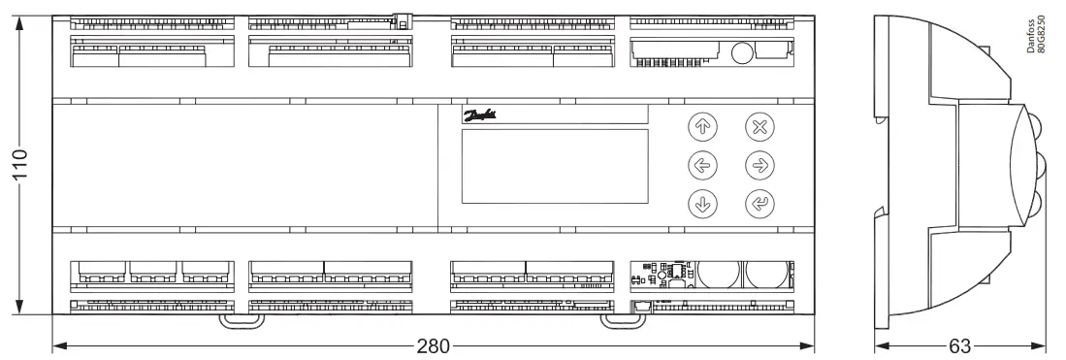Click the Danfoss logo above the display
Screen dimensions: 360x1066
(x=481, y=115)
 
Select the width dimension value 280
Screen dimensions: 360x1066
(x=434, y=346)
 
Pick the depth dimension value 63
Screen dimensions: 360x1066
(x=960, y=346)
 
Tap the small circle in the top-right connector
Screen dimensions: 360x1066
(x=741, y=54)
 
